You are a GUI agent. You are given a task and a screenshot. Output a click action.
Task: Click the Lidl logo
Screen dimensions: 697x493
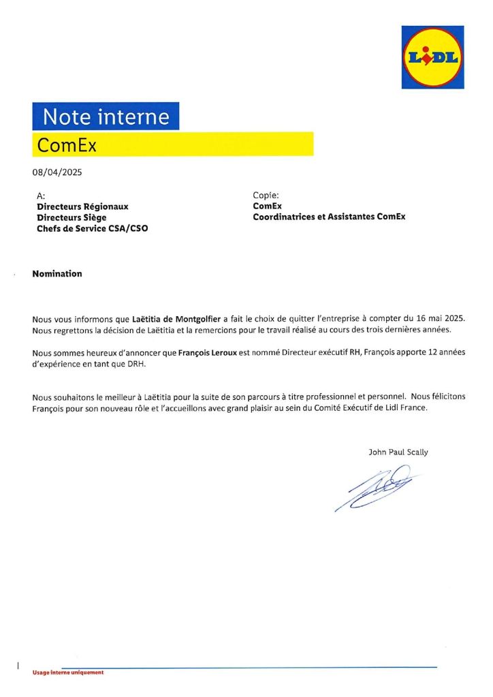(x=432, y=57)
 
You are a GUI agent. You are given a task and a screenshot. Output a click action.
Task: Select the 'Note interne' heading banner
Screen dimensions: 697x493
(x=106, y=117)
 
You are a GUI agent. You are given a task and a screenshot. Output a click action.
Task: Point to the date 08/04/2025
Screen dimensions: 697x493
(x=57, y=172)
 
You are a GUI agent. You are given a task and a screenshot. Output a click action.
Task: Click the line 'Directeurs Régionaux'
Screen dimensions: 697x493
(x=82, y=206)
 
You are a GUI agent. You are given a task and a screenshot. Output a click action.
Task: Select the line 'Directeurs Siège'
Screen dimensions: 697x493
(x=71, y=217)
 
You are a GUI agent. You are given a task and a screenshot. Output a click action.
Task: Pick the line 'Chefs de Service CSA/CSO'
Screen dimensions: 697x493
(x=92, y=229)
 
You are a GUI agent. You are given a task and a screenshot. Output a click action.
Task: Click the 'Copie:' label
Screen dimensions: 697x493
(x=266, y=195)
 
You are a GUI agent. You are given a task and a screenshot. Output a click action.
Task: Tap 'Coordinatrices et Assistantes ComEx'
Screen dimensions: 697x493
(x=329, y=217)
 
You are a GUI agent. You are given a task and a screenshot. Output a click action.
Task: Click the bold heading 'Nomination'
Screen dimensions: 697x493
(x=57, y=274)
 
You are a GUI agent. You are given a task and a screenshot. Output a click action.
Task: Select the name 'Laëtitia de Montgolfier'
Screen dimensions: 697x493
(x=176, y=318)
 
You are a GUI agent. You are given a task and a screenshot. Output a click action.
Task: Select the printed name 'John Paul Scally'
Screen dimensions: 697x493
(x=398, y=452)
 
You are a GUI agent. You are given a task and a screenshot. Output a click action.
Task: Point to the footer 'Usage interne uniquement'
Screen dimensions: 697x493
(x=68, y=672)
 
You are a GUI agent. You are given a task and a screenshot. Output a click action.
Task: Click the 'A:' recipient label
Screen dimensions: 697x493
(x=41, y=196)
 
